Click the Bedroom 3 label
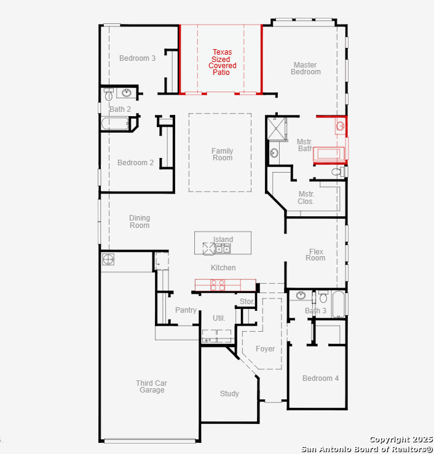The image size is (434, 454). pyautogui.click(x=137, y=58)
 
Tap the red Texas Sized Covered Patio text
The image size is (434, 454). pyautogui.click(x=222, y=62)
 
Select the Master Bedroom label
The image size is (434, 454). pyautogui.click(x=306, y=68)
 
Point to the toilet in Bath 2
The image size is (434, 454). pyautogui.click(x=109, y=94)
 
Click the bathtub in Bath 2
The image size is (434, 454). pyautogui.click(x=115, y=123)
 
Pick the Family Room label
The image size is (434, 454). pyautogui.click(x=222, y=154)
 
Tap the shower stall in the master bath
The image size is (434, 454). pyautogui.click(x=276, y=128)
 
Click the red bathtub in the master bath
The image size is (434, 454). pyautogui.click(x=329, y=154)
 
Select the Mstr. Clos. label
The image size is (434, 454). pyautogui.click(x=306, y=197)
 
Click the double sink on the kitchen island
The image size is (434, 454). pyautogui.click(x=223, y=249)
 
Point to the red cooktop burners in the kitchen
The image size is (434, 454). pyautogui.click(x=218, y=285)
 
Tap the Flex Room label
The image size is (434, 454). pyautogui.click(x=315, y=255)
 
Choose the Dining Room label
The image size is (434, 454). pyautogui.click(x=140, y=222)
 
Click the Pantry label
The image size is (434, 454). pyautogui.click(x=186, y=310)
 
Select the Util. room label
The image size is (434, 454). pyautogui.click(x=219, y=318)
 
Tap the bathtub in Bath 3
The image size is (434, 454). pyautogui.click(x=338, y=304)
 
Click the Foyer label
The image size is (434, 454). pyautogui.click(x=265, y=349)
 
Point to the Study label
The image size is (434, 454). pyautogui.click(x=229, y=393)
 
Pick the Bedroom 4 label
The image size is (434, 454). pyautogui.click(x=320, y=378)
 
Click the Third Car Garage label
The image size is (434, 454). pyautogui.click(x=151, y=386)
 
